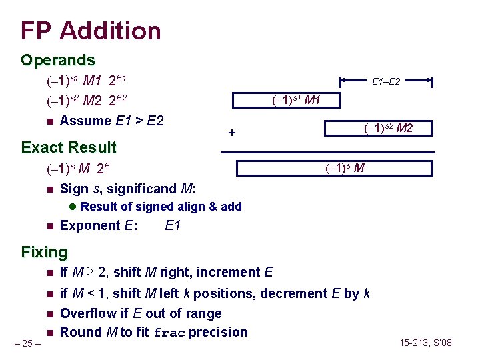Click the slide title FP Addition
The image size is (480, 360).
click(x=91, y=31)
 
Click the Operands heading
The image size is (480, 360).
click(x=57, y=60)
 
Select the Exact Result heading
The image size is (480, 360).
click(x=69, y=147)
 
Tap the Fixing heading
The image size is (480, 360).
click(x=44, y=252)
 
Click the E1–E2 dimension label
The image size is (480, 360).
click(x=386, y=82)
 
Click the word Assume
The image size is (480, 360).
click(x=85, y=121)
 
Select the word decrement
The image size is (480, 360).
click(x=293, y=293)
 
